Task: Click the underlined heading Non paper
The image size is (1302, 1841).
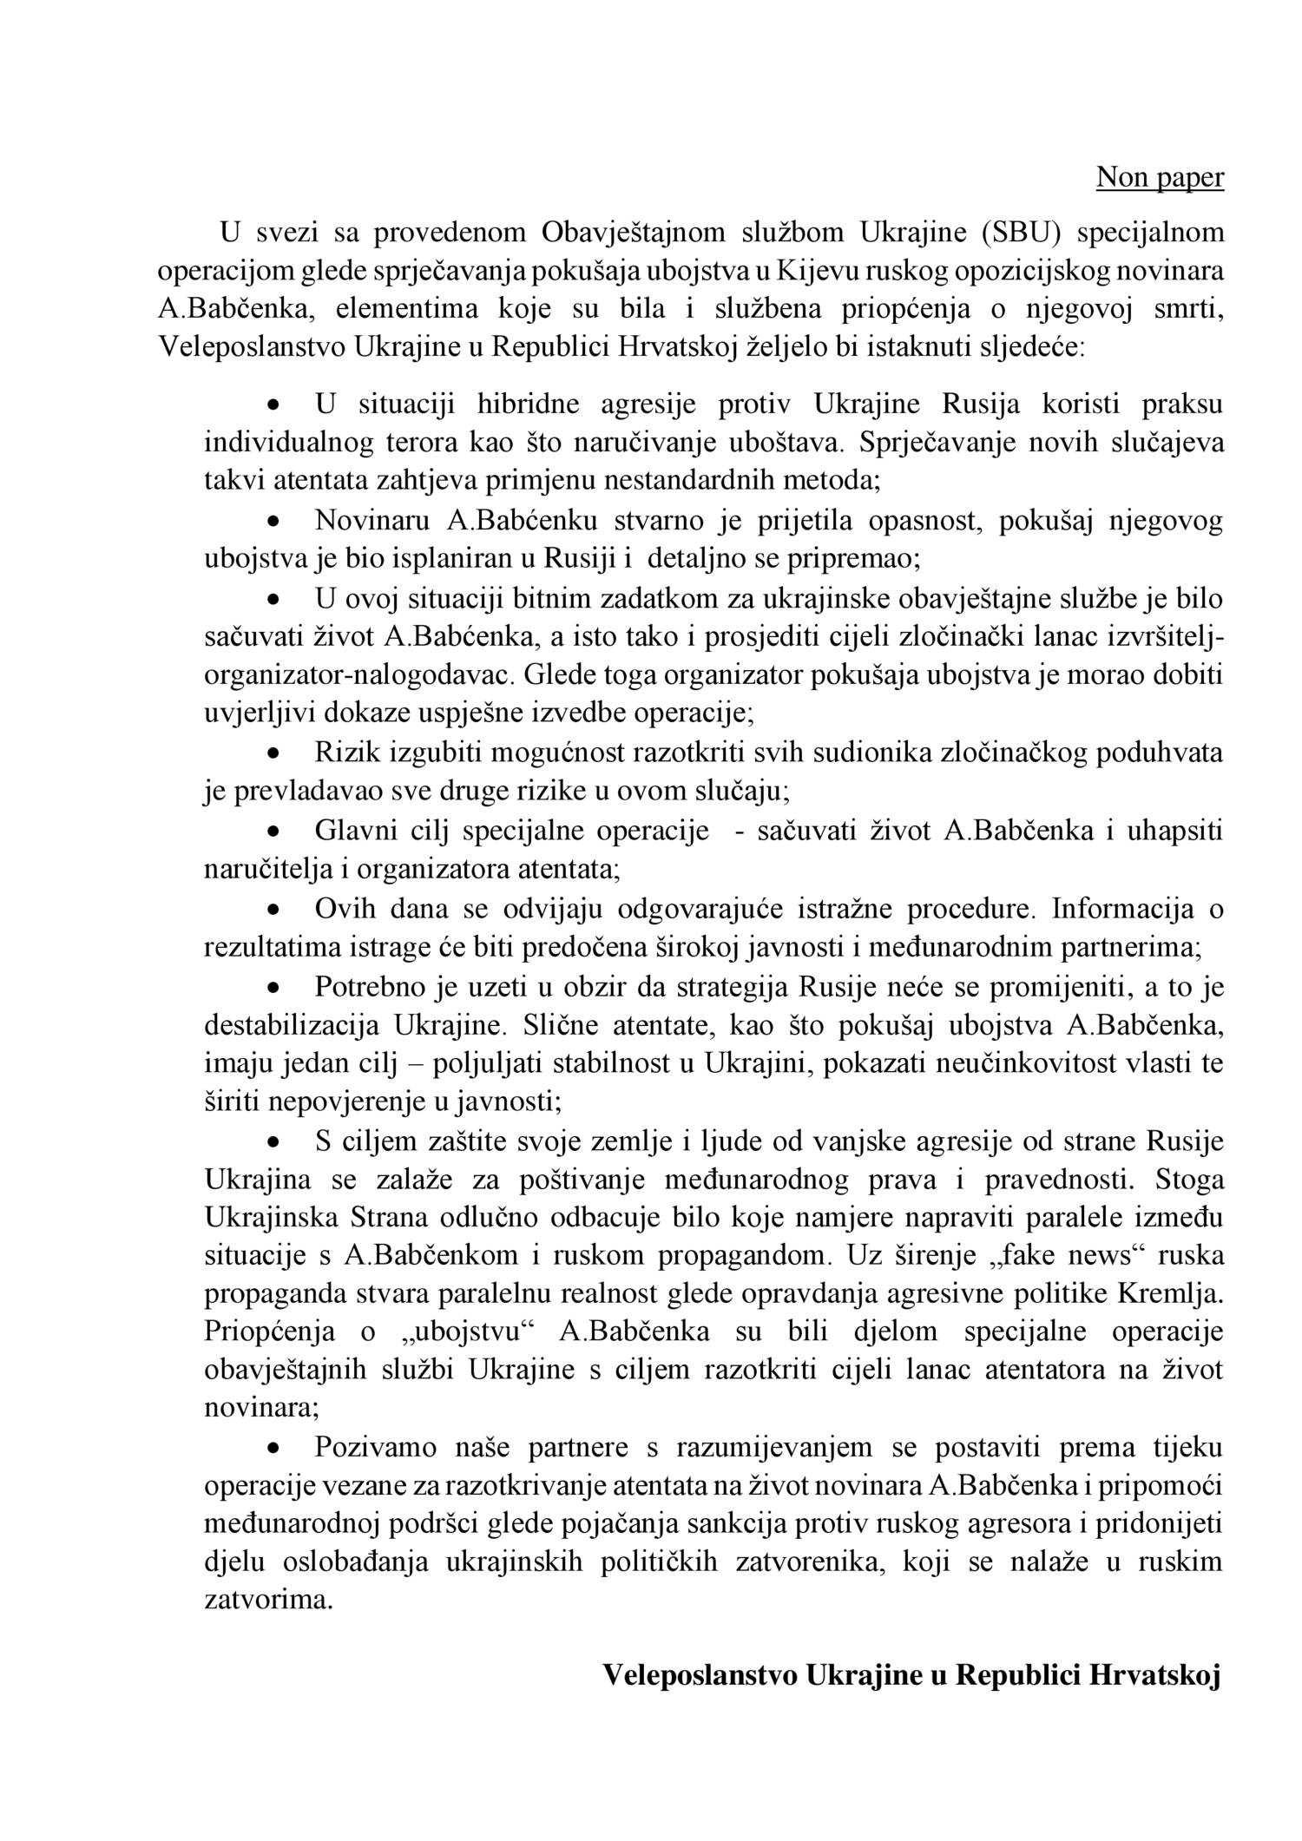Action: pyautogui.click(x=1160, y=177)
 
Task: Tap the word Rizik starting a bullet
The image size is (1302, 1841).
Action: pyautogui.click(x=347, y=753)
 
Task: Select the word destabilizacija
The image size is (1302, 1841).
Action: pyautogui.click(x=292, y=1024)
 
